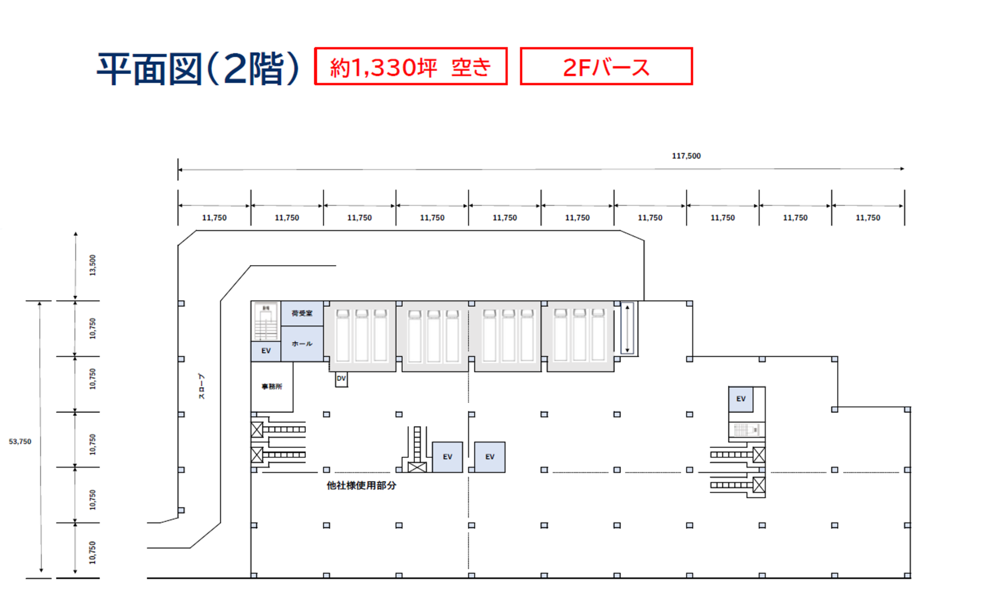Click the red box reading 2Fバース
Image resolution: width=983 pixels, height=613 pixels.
coord(606,66)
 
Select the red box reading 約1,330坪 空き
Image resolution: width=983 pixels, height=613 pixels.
coord(410,66)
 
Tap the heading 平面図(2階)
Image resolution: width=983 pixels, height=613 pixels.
coord(198,69)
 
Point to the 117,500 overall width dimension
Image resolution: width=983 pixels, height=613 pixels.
coord(686,156)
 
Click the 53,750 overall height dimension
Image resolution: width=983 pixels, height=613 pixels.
coord(20,442)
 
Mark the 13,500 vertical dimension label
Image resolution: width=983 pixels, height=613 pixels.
coord(93,265)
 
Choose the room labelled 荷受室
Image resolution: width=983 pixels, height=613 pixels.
coord(302,313)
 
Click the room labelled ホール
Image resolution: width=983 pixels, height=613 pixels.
coord(302,343)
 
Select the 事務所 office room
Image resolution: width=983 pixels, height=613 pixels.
coord(272,387)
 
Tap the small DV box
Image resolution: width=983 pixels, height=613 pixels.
coord(341,379)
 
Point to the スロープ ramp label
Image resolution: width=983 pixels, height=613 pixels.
coord(201,387)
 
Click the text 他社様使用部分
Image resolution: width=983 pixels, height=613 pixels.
coord(361,486)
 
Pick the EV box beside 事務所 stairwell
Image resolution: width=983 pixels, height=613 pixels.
coord(266,351)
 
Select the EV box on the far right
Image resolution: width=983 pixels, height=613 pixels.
coord(741,399)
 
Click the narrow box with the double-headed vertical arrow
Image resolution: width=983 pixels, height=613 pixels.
coord(627,329)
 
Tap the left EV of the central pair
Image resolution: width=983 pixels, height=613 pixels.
coord(447,457)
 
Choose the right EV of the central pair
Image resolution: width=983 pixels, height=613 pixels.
coord(490,457)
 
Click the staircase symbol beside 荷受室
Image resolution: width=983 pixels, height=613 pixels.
coord(266,321)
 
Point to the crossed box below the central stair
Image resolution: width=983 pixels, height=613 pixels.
coord(417,468)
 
